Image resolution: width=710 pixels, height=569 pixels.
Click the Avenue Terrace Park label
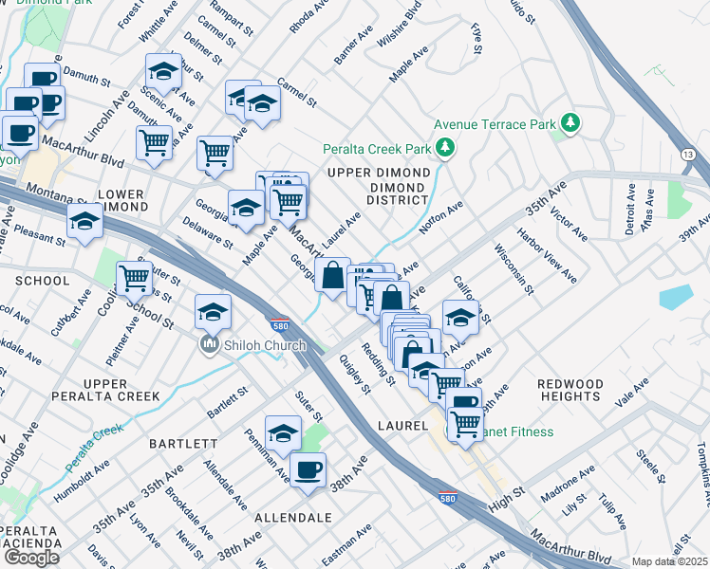[494, 124]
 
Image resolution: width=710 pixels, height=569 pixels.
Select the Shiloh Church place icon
[210, 344]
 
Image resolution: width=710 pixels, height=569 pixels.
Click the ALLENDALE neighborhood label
[293, 518]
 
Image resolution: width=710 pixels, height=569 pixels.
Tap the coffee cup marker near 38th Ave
[306, 469]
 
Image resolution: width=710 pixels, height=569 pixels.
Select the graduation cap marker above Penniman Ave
[282, 433]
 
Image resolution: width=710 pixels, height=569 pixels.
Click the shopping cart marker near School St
[134, 279]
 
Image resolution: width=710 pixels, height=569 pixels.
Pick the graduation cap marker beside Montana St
[84, 221]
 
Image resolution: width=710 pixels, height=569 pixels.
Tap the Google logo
[31, 558]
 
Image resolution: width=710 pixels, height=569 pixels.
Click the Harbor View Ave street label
[546, 254]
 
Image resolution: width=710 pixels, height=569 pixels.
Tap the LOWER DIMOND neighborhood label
[121, 200]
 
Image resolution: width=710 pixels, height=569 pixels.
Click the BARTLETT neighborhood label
[183, 443]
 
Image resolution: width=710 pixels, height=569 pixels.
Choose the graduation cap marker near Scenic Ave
[163, 71]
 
